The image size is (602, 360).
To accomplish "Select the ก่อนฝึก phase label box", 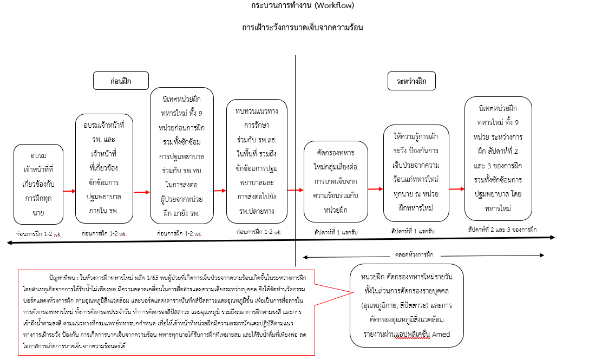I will [121, 81].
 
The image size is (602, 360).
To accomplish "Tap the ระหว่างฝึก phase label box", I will [412, 81].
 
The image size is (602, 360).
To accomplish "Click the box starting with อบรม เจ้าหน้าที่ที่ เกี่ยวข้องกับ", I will [38, 184].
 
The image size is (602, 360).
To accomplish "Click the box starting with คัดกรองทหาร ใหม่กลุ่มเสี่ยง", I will [336, 181].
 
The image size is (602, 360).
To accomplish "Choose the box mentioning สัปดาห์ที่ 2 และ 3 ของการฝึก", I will [498, 159].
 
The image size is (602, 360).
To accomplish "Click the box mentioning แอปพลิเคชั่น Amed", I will [407, 305].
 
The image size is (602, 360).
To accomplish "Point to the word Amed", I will [441, 335].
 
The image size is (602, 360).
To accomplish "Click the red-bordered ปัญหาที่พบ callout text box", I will [166, 312].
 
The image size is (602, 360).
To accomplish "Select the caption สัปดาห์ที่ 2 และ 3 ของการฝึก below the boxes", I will [502, 230].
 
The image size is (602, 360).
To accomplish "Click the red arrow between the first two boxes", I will [69, 191].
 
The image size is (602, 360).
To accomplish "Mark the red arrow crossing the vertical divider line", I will [296, 190].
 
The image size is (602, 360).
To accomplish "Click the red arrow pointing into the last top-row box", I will [457, 189].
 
